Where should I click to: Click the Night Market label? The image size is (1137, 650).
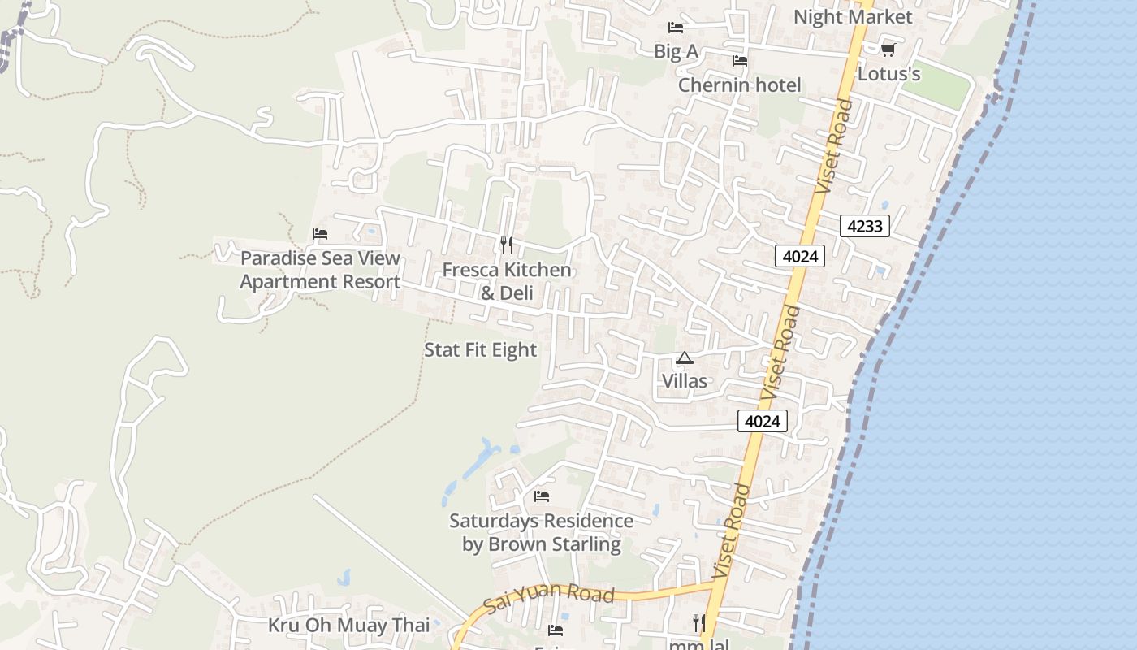[x=853, y=17]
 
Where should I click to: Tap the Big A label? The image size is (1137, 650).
[x=676, y=51]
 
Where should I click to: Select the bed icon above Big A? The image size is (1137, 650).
[x=675, y=28]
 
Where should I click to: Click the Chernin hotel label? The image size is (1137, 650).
[x=739, y=84]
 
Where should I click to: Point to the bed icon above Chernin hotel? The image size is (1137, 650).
[x=739, y=61]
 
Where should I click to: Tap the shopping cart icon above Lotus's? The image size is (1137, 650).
[x=888, y=50]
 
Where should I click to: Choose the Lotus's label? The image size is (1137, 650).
[x=890, y=74]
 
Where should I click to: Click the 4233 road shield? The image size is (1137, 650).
[x=864, y=226]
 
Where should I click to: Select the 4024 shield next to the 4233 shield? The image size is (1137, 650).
[x=800, y=257]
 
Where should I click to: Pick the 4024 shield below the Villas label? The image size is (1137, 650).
[x=763, y=421]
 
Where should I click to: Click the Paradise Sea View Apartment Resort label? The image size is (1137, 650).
[x=320, y=270]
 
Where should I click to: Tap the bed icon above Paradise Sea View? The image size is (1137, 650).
[x=320, y=234]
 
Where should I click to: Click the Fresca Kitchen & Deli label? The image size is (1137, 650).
[x=507, y=281]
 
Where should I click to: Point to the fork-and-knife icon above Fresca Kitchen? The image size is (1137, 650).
[x=507, y=245]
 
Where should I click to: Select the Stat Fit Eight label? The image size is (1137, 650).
[x=481, y=350]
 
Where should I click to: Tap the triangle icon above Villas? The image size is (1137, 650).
[x=685, y=357]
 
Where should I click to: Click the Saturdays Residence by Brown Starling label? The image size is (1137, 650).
[x=542, y=532]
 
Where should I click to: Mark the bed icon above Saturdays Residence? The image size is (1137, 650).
[x=542, y=496]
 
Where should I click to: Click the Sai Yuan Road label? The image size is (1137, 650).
[x=549, y=596]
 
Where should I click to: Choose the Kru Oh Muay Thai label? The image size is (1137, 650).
[x=349, y=626]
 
